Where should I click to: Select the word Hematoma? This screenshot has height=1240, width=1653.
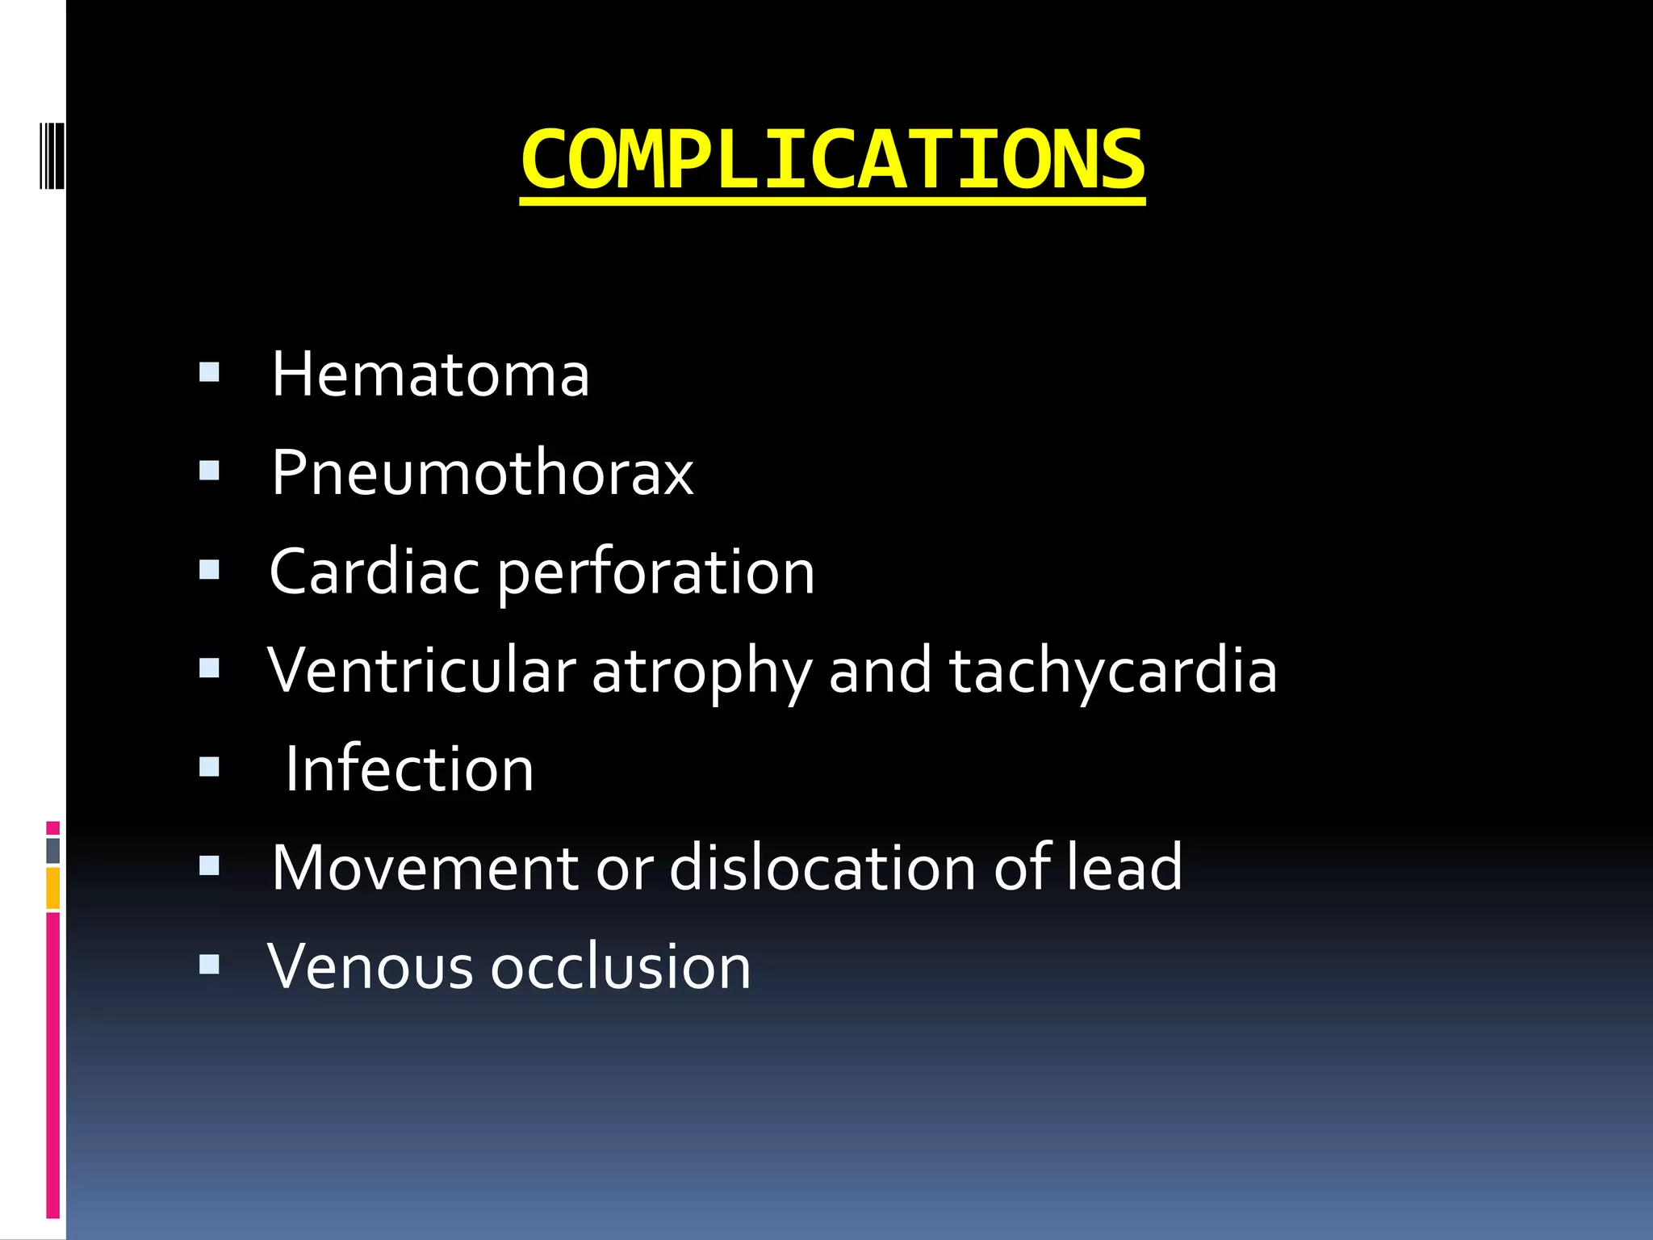coord(430,375)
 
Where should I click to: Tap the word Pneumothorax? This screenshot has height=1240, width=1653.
coord(482,473)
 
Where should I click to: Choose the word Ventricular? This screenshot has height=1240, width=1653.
coord(421,670)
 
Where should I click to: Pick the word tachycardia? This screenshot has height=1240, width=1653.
coord(1113,672)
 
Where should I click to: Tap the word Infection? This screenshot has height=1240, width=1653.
coord(409,769)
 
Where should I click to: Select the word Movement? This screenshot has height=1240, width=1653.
coord(425,868)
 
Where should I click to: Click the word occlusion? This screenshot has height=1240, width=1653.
coord(621,966)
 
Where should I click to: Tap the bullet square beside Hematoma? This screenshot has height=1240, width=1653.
coord(209,372)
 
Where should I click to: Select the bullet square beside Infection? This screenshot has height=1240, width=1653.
coord(209,766)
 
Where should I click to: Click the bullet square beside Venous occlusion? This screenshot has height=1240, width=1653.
coord(209,964)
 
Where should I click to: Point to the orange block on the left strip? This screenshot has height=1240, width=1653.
coord(52,888)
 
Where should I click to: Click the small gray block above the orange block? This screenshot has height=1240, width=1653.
coord(52,850)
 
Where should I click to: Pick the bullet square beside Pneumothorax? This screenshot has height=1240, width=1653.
coord(209,471)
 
